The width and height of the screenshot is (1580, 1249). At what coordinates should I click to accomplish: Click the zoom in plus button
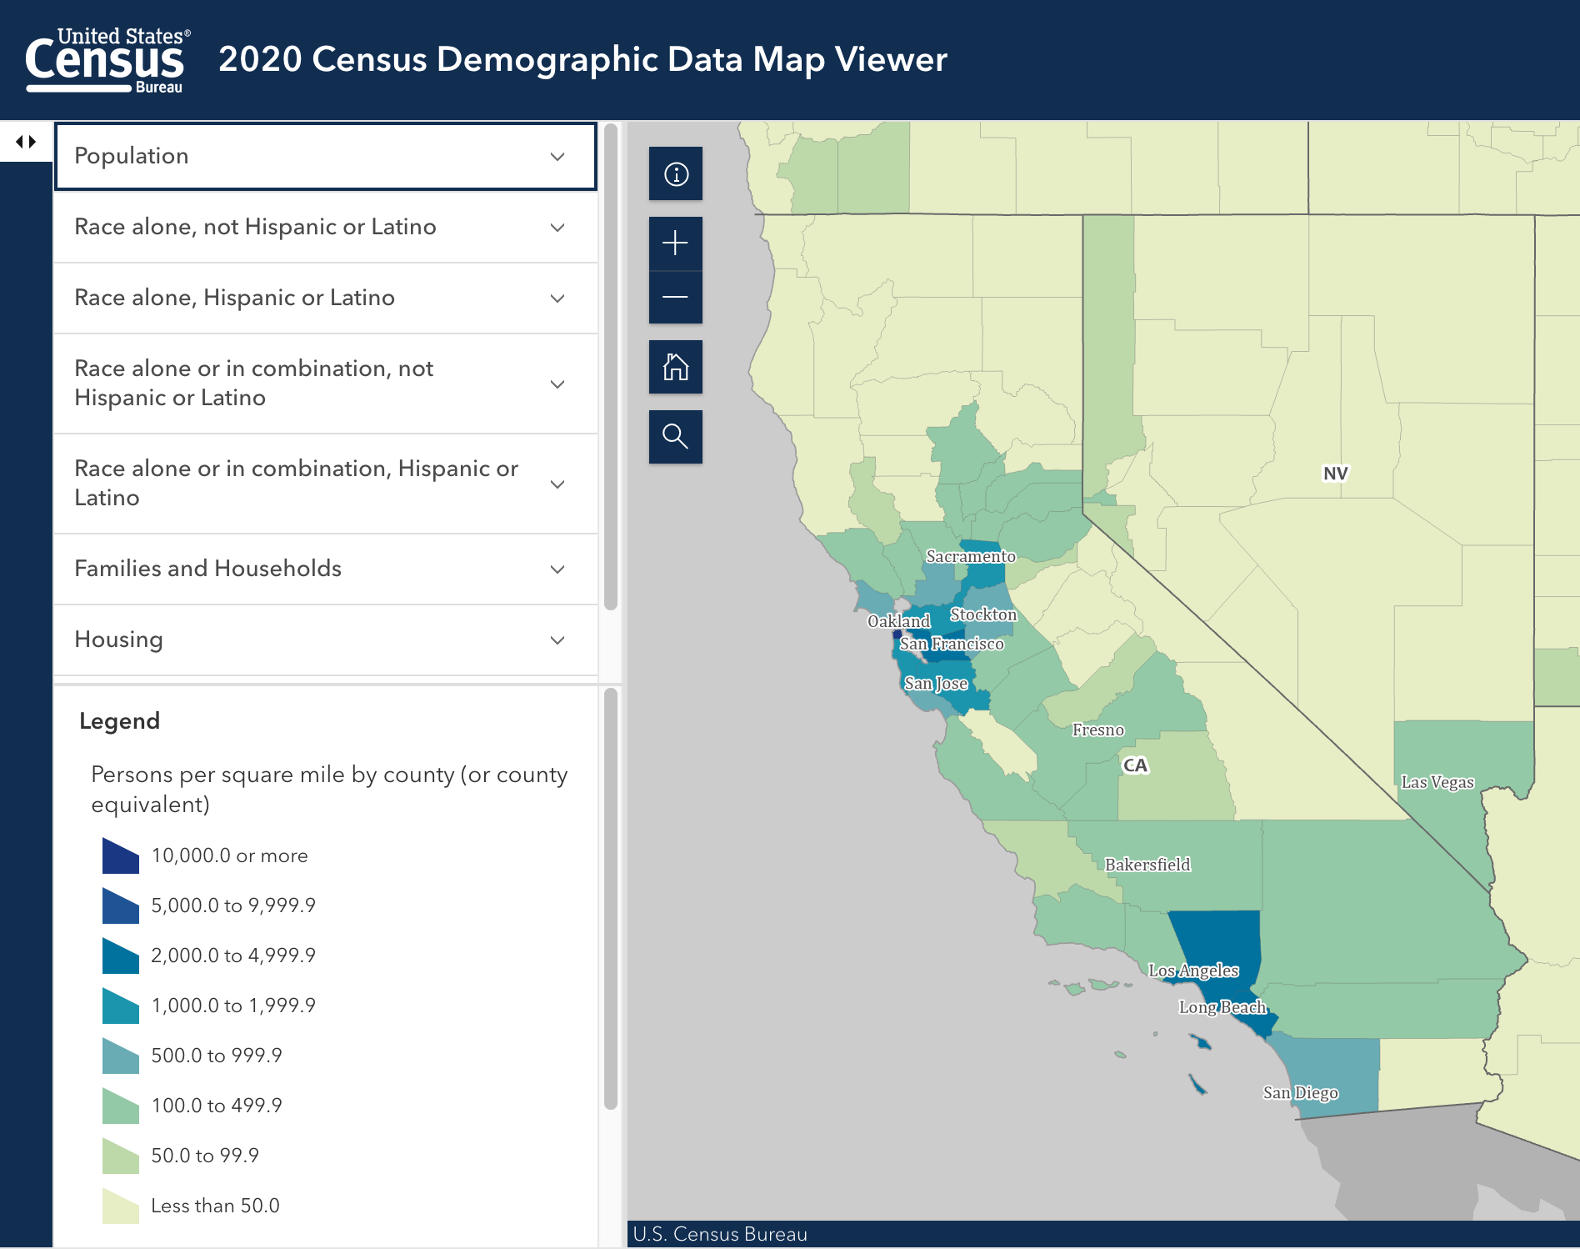pos(675,243)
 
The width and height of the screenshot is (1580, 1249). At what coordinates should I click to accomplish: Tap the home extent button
pos(675,367)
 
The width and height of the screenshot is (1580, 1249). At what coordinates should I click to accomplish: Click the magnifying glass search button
pos(675,436)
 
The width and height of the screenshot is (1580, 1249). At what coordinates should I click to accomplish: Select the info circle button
pos(675,174)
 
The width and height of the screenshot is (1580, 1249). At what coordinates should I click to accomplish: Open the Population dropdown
pos(325,156)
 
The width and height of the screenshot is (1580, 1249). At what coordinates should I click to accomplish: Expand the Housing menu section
pos(325,640)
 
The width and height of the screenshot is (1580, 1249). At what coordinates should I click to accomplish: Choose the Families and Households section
pos(325,569)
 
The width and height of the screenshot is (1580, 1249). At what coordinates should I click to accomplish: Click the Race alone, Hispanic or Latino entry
pos(325,298)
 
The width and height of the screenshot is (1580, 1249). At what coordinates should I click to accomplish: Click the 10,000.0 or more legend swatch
pos(120,856)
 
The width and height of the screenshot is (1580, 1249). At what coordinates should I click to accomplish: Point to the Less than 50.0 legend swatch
pos(120,1206)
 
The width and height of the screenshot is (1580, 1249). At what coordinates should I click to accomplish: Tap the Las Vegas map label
pos(1437,782)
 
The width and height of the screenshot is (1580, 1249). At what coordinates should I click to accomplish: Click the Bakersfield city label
pos(1147,865)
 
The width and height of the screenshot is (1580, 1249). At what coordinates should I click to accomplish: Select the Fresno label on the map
pos(1098,730)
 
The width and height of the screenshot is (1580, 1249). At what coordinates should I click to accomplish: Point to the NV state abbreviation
pos(1335,474)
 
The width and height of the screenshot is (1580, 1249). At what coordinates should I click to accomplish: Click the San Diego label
pos(1300,1093)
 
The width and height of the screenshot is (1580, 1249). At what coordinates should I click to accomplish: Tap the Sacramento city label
pos(971,556)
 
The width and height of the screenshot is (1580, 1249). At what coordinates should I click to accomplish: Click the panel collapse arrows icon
pos(27,142)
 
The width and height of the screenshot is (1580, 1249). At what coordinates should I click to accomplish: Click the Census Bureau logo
pos(107,60)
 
